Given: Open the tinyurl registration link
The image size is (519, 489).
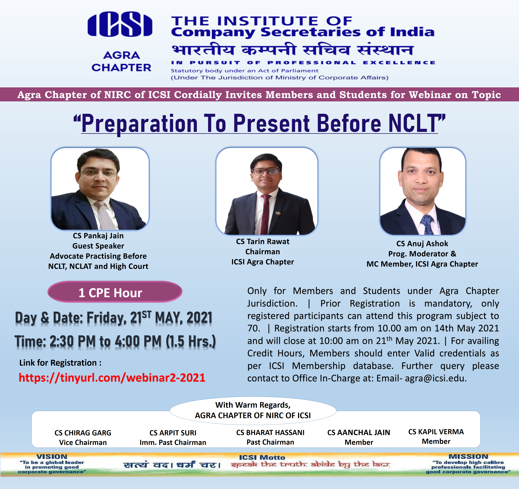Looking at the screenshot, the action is [x=112, y=378].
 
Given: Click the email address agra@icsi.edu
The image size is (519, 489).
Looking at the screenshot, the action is [x=436, y=378].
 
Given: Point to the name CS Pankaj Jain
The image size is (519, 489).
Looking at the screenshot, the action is [x=98, y=236].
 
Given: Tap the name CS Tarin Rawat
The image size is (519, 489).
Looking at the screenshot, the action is [x=263, y=241].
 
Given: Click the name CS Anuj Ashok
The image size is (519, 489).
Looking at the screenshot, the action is [x=422, y=244].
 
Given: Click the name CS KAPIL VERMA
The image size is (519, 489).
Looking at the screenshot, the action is [x=436, y=432].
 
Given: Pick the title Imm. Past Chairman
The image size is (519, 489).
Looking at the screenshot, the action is [x=173, y=443].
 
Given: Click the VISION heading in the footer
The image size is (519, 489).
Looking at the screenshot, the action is [x=52, y=457].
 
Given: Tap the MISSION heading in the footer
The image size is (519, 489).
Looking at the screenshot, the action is [x=468, y=456].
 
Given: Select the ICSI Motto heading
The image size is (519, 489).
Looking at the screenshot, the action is [x=262, y=457].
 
